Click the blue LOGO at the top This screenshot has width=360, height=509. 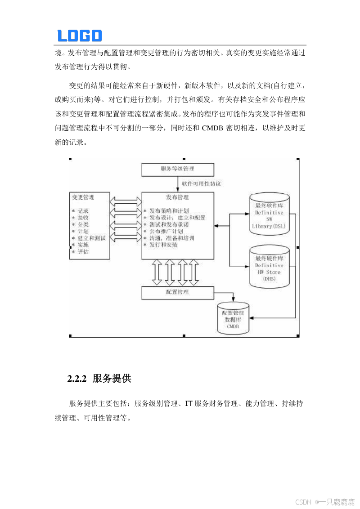click(80, 36)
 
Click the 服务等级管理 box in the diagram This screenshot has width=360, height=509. click(177, 170)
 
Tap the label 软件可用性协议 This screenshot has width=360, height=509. click(201, 183)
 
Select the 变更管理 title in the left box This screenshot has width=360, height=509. click(83, 197)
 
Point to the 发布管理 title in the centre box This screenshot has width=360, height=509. click(177, 197)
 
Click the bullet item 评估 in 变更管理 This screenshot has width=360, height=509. click(83, 252)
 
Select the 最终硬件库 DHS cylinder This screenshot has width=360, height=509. click(269, 268)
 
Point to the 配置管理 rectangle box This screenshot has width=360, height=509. click(177, 293)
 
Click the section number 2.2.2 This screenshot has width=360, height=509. click(76, 379)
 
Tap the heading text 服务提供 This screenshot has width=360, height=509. click(112, 379)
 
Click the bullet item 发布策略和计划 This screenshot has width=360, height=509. click(169, 210)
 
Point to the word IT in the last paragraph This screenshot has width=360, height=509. click(189, 404)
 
